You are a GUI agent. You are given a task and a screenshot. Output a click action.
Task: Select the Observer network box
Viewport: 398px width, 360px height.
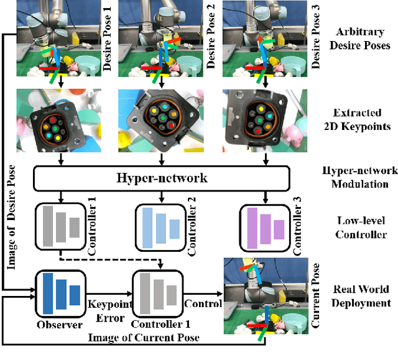pos(60,292)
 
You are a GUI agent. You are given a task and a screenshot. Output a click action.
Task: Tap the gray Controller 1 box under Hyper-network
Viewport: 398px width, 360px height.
pos(60,227)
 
